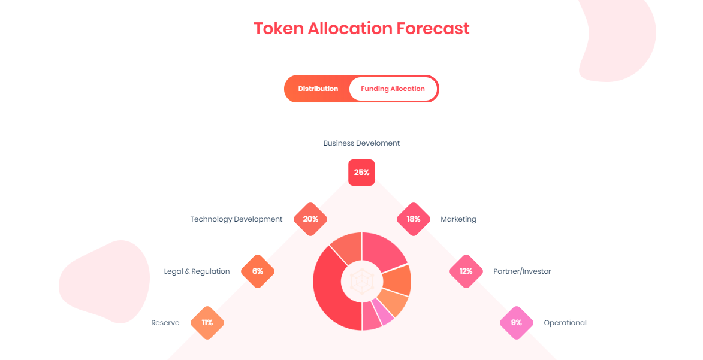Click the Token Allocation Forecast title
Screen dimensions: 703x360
361,28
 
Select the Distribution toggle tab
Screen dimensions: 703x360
318,89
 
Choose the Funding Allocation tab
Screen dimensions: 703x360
393,89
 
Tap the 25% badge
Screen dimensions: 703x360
361,172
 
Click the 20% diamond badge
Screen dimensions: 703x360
310,219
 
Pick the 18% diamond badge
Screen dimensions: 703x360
414,219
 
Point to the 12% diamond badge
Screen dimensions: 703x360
466,271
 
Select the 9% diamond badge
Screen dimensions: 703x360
517,323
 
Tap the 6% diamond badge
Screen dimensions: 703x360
258,271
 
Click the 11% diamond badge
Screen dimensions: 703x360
207,323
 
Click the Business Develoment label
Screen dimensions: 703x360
361,143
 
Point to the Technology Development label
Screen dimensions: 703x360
236,219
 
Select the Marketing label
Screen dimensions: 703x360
458,219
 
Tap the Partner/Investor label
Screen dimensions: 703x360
522,271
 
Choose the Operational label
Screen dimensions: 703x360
565,323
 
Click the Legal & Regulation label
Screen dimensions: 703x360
197,271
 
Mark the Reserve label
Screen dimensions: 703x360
165,323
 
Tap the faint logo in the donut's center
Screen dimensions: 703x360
361,282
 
